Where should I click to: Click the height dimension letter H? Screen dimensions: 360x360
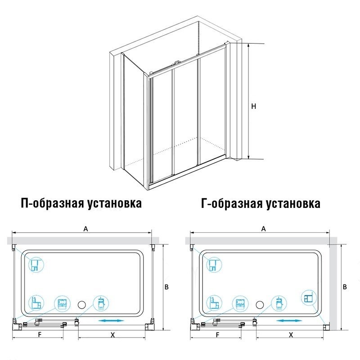point(253,106)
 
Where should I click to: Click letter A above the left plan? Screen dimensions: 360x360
point(85,229)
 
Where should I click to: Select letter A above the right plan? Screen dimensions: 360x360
point(264,229)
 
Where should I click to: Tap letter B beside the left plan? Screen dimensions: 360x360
point(166,287)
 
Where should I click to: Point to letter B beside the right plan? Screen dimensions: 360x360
point(345,287)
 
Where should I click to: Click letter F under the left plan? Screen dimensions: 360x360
point(40,335)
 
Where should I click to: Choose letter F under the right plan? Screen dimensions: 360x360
point(218,335)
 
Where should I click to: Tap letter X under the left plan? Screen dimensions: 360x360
point(112,335)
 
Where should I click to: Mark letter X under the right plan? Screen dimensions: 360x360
point(291,335)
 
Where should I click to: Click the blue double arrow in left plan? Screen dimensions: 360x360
point(111,321)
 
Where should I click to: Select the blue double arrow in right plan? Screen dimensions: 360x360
point(289,321)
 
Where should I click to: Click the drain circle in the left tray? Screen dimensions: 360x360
point(82,305)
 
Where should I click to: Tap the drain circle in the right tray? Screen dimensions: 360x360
point(260,305)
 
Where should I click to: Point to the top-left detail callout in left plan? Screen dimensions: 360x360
point(36,265)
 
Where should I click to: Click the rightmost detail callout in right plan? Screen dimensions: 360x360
point(309,298)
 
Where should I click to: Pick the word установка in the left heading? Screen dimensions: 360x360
point(114,203)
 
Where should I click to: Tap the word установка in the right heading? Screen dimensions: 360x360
point(293,203)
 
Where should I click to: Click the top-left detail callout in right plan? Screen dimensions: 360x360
point(214,265)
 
